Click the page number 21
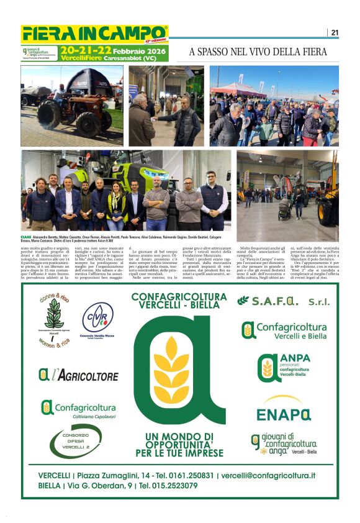pos(335,33)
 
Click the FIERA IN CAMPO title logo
pos(94,34)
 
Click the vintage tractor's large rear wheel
pos(86,123)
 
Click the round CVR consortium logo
pos(97,319)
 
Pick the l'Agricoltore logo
pos(78,375)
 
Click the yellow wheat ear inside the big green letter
pos(171,370)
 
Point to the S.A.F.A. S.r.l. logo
pos(283,301)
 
